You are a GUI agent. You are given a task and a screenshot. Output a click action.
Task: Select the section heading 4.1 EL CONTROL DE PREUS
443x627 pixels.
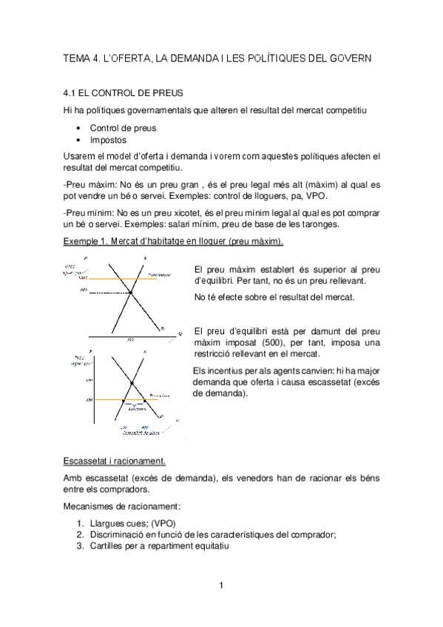[119, 95]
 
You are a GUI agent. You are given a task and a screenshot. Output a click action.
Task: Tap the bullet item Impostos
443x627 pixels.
[108, 139]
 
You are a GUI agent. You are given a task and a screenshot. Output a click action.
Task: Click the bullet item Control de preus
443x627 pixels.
[123, 127]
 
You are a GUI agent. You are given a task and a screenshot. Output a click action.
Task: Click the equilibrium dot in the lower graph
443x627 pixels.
[132, 382]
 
